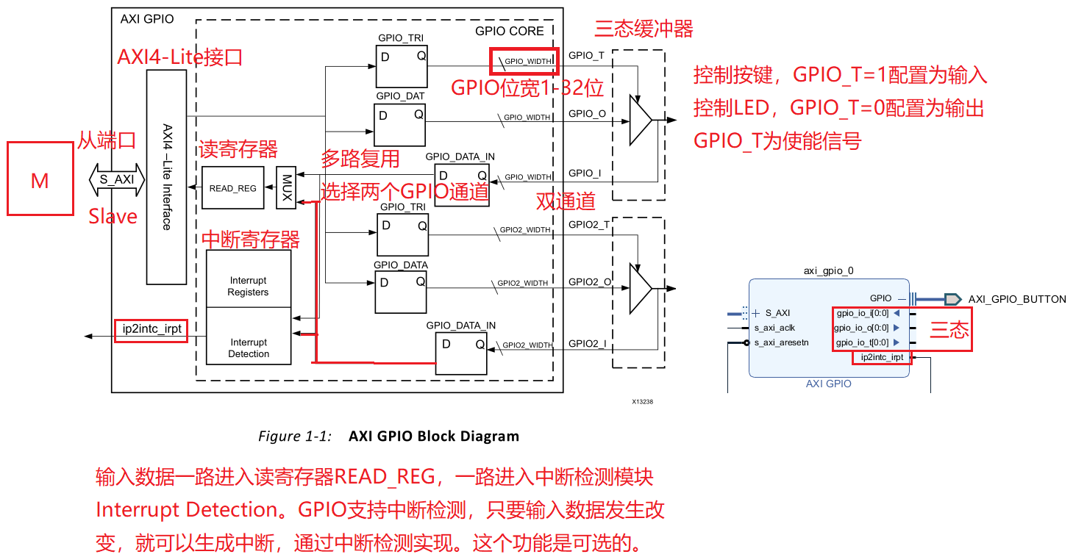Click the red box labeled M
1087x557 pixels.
pyautogui.click(x=40, y=179)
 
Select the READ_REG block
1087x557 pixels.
pyautogui.click(x=232, y=188)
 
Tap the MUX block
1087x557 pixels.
pyautogui.click(x=287, y=187)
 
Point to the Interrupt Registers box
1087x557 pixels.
pyautogui.click(x=249, y=287)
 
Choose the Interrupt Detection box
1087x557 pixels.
pyautogui.click(x=249, y=348)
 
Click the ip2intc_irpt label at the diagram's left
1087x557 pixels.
pyautogui.click(x=151, y=330)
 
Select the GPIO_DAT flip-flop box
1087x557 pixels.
pyautogui.click(x=400, y=124)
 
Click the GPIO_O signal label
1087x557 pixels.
pyautogui.click(x=587, y=114)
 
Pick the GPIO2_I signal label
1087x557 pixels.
pyautogui.click(x=587, y=342)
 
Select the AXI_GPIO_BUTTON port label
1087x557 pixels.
pyautogui.click(x=1016, y=299)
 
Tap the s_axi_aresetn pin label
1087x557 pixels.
pyautogui.click(x=781, y=342)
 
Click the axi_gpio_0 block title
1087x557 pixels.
pyautogui.click(x=829, y=270)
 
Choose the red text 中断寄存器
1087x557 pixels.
pyautogui.click(x=251, y=240)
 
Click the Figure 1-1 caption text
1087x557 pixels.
pyautogui.click(x=388, y=436)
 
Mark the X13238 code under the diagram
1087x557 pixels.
pyautogui.click(x=642, y=402)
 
